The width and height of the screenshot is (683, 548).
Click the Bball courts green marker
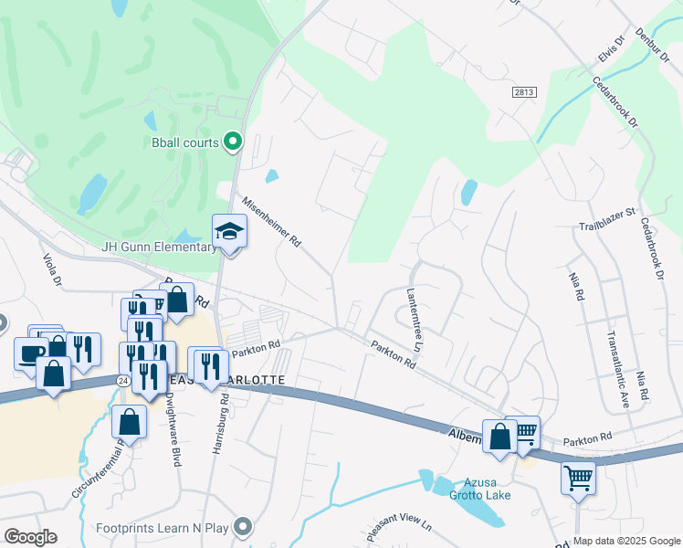[232, 142]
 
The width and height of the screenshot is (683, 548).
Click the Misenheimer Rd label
[271, 222]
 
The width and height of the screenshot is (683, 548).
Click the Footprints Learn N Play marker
[242, 527]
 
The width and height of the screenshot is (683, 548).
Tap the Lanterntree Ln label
[412, 320]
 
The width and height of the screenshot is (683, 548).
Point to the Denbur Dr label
[658, 44]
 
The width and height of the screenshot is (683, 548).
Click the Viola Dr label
[51, 270]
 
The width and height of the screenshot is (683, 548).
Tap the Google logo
[30, 537]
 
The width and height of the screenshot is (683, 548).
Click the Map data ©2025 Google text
[626, 541]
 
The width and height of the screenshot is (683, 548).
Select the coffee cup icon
[31, 353]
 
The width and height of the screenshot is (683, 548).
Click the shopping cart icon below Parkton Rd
[579, 476]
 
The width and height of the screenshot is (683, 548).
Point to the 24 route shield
[121, 379]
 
